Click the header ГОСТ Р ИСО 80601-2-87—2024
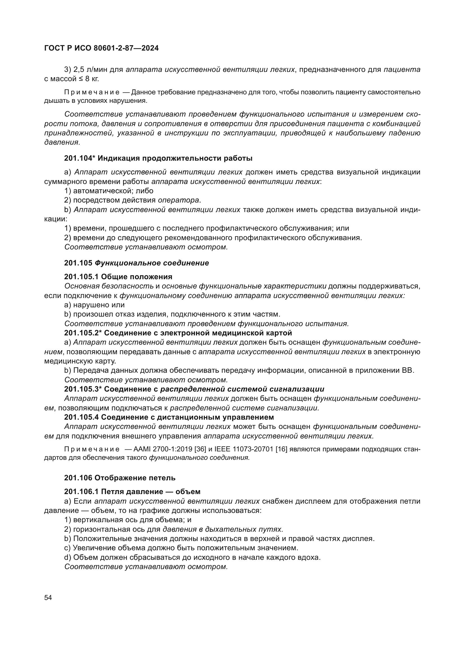(x=101, y=48)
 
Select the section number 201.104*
(x=80, y=158)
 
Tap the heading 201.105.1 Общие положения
(x=118, y=277)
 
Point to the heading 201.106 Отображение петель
(x=120, y=478)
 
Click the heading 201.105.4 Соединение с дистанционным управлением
(x=169, y=417)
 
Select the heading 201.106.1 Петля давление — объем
(x=132, y=492)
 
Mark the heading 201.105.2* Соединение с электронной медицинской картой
(x=178, y=333)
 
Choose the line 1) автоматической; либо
(x=109, y=190)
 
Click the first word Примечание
(x=92, y=92)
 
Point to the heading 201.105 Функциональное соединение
(x=136, y=263)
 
